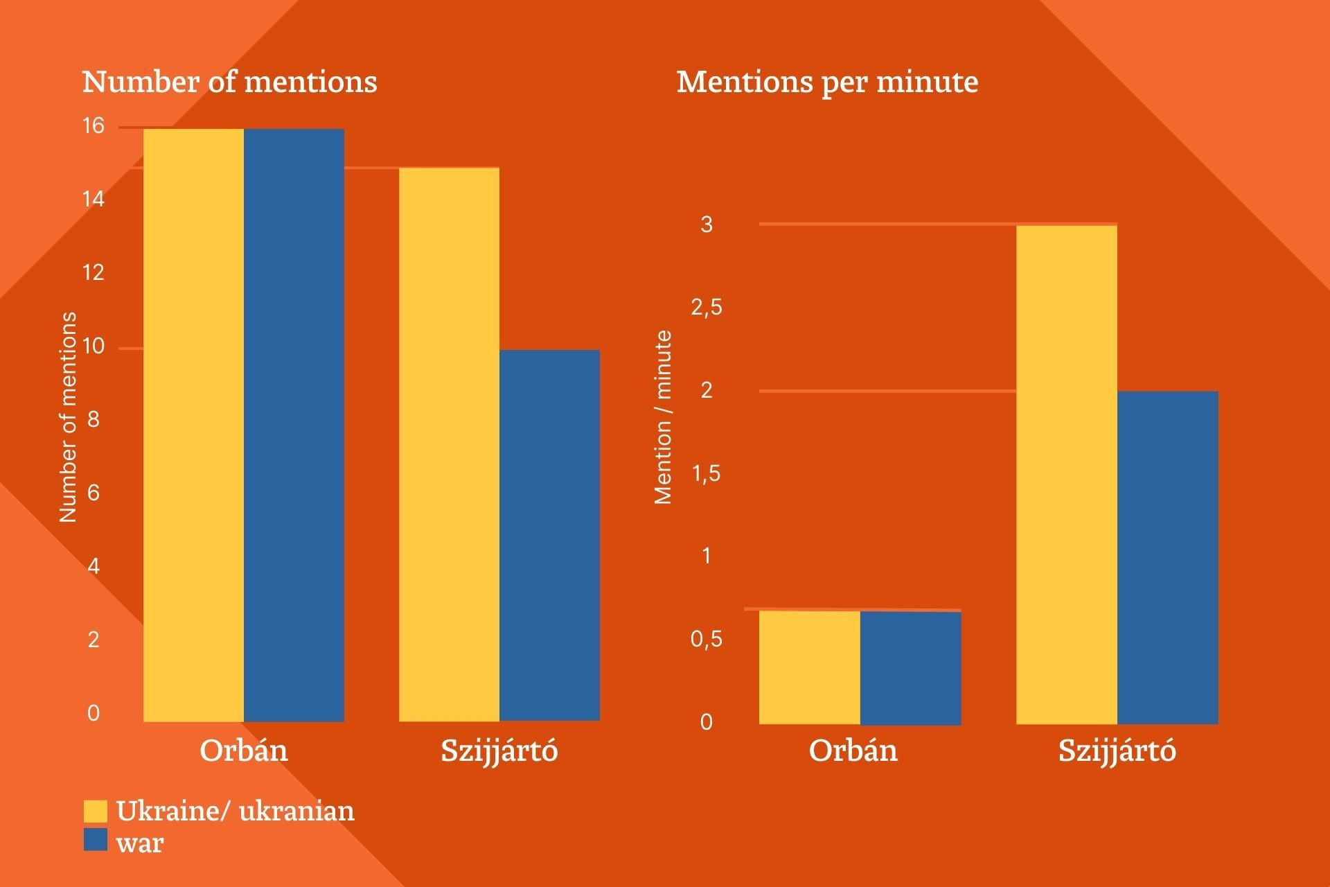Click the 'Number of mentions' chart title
[229, 82]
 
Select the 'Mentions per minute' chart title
[827, 82]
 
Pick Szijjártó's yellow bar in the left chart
[449, 444]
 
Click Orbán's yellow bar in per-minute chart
[809, 667]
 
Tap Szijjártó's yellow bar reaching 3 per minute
[1066, 475]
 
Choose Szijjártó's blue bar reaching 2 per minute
[1167, 558]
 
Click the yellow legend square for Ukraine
[96, 811]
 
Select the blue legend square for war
[96, 840]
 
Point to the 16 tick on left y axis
[94, 126]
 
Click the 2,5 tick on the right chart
[706, 307]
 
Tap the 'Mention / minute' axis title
[664, 417]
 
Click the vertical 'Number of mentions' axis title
[68, 417]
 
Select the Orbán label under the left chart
[244, 750]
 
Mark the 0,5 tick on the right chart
[706, 639]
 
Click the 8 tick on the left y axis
[94, 419]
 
